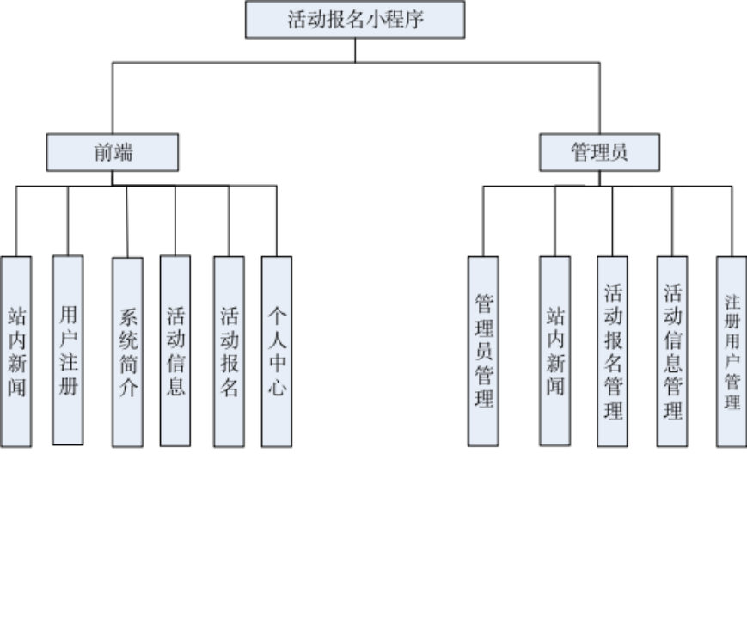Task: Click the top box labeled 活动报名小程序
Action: (x=354, y=20)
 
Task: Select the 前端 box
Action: (x=113, y=153)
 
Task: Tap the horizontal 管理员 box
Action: (x=599, y=153)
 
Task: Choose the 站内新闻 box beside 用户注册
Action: (x=16, y=352)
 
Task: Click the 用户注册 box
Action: (x=68, y=351)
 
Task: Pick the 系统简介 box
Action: (x=127, y=352)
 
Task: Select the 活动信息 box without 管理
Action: (x=175, y=352)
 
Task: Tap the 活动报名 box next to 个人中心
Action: (x=229, y=352)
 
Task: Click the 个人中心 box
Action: (x=276, y=352)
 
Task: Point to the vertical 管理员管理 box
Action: (x=483, y=352)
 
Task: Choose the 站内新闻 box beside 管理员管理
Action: (x=554, y=352)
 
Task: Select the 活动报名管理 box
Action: (x=612, y=352)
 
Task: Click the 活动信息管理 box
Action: (x=672, y=352)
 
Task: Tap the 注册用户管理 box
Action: (x=732, y=352)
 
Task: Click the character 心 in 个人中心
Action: (x=276, y=388)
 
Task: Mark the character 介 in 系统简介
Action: (x=127, y=388)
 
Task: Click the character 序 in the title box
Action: (x=413, y=20)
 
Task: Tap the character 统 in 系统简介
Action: (x=127, y=340)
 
